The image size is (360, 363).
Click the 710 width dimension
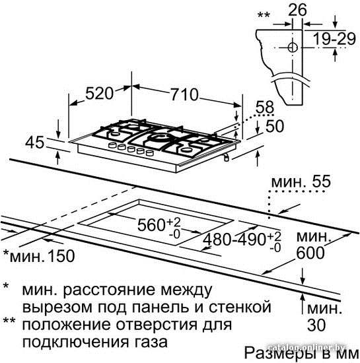click(185, 94)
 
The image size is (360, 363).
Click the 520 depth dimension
click(99, 93)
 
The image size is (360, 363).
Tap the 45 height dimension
click(34, 142)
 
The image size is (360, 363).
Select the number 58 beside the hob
click(265, 107)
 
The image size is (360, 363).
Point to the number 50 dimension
click(275, 126)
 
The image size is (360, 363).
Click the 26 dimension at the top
click(297, 9)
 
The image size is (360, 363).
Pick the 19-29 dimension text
click(334, 38)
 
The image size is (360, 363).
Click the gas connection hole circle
click(293, 48)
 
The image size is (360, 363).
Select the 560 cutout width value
click(151, 224)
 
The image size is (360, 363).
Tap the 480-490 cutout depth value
click(234, 239)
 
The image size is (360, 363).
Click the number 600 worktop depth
click(310, 253)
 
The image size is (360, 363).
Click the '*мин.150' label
click(39, 255)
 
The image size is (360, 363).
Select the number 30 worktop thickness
click(316, 325)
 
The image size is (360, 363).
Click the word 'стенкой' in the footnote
click(240, 307)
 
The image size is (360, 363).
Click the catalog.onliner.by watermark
click(306, 347)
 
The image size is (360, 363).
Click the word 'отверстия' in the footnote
click(157, 325)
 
